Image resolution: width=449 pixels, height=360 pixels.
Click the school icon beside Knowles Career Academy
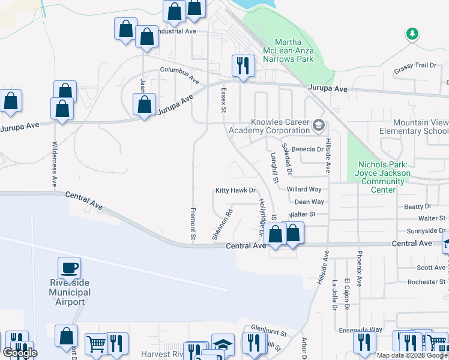click(x=319, y=126)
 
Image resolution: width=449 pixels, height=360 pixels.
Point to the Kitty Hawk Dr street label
click(x=236, y=191)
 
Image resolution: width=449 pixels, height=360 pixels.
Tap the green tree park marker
click(x=412, y=34)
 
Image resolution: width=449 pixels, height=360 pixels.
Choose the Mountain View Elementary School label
click(x=414, y=127)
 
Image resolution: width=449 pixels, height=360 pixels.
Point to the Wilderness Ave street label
click(x=54, y=164)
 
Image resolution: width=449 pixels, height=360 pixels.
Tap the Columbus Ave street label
click(x=179, y=74)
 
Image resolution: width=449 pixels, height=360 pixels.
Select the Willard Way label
click(x=304, y=190)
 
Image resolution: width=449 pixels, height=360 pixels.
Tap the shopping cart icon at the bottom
click(x=96, y=344)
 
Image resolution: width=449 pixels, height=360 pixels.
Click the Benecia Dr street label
click(x=307, y=149)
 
